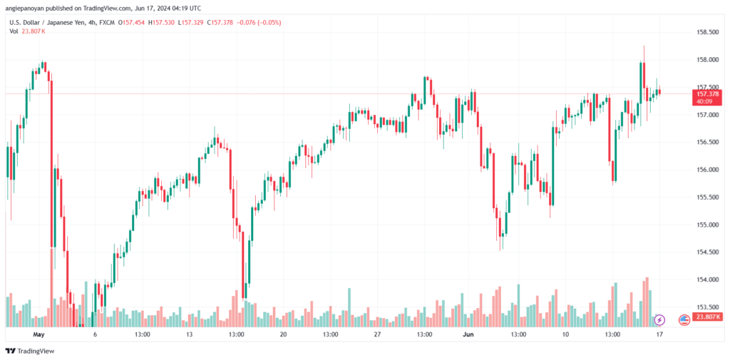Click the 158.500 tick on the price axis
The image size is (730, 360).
pos(706,32)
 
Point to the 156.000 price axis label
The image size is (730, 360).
pos(706,170)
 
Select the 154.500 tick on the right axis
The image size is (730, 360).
pos(706,252)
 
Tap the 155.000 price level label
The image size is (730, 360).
pos(706,225)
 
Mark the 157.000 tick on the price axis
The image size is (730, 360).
pos(706,115)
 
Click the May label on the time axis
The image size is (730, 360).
pos(38,334)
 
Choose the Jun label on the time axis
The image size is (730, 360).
pos(471,334)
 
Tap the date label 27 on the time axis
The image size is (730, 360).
pos(377,334)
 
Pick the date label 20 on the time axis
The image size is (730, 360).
pos(283,334)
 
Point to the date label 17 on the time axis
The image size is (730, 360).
pos(659,334)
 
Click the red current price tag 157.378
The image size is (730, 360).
pos(706,94)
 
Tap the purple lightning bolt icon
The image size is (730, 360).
pos(659,320)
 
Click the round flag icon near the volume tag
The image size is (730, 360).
pos(684,320)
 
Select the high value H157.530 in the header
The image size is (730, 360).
pos(163,22)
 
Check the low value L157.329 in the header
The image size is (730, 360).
pos(191,22)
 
